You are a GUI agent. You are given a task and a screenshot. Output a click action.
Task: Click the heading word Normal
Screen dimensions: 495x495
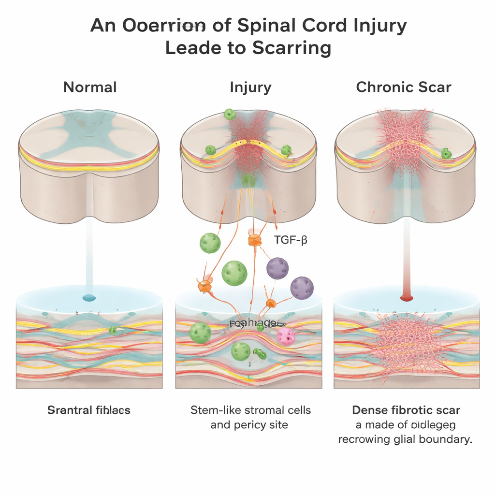pyautogui.click(x=90, y=87)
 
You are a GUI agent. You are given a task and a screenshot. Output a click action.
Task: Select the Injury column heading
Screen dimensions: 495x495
pyautogui.click(x=250, y=87)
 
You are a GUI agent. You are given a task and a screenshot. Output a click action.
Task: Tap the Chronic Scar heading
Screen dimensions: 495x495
pyautogui.click(x=403, y=87)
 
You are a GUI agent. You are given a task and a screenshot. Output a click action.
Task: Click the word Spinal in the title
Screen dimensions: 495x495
pyautogui.click(x=265, y=26)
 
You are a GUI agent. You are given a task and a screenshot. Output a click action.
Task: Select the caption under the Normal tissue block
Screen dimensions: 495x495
pyautogui.click(x=89, y=410)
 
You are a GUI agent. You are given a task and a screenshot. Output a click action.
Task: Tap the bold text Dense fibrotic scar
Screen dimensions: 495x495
pyautogui.click(x=406, y=410)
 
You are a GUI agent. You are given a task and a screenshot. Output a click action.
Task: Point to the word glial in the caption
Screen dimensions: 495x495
pyautogui.click(x=416, y=440)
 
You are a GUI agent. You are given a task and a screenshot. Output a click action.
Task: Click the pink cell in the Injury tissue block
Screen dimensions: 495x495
pyautogui.click(x=285, y=335)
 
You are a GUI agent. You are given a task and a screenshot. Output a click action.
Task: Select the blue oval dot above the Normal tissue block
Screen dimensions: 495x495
pyautogui.click(x=89, y=298)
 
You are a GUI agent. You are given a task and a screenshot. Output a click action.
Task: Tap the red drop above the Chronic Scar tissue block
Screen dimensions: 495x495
pyautogui.click(x=406, y=298)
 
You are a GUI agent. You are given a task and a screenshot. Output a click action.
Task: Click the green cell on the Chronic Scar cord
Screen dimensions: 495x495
pyautogui.click(x=446, y=154)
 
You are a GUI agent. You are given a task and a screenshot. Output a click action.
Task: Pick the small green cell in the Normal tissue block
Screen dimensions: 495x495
pyautogui.click(x=113, y=330)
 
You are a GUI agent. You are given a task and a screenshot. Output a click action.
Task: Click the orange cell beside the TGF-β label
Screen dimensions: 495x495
pyautogui.click(x=254, y=240)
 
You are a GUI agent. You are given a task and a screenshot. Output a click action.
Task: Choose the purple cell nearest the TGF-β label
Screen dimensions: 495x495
pyautogui.click(x=277, y=268)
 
